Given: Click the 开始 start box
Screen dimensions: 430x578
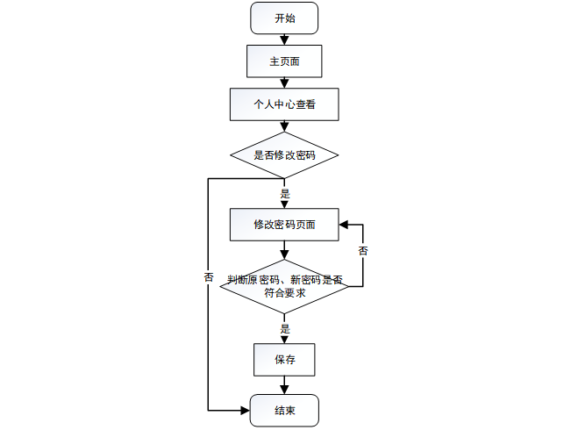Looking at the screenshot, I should [x=283, y=18].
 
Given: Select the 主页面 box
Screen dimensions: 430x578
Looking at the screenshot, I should [x=283, y=61].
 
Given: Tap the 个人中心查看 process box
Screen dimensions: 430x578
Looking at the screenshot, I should [x=283, y=104].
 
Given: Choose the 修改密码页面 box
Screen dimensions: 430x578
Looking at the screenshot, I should [x=283, y=224].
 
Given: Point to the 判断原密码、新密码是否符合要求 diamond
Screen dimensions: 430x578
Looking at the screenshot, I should [x=283, y=286].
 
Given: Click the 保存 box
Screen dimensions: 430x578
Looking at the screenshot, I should [x=283, y=359].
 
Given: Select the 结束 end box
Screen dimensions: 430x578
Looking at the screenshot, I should [x=283, y=410].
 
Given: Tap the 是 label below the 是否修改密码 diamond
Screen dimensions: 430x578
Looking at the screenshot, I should [x=284, y=193].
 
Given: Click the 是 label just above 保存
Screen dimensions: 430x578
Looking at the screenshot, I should [x=284, y=329].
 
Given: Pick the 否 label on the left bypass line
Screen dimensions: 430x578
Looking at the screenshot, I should [x=209, y=276].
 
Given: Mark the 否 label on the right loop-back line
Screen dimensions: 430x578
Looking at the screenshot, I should [x=363, y=251].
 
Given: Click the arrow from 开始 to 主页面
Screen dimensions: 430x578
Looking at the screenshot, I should [x=283, y=39].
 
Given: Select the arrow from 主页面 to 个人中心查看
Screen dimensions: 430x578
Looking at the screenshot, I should [x=283, y=82].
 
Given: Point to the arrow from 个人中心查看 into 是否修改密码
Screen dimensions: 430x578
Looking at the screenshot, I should [x=283, y=126].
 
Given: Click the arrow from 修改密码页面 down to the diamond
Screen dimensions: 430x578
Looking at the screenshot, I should [x=283, y=249].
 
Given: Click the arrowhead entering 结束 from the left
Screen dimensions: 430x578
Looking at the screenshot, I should [x=245, y=410].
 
